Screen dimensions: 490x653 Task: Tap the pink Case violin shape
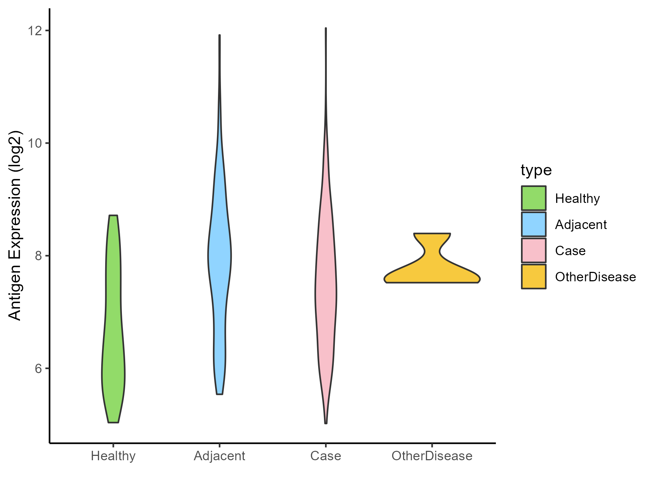tap(326, 290)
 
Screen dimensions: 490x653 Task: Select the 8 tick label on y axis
tap(37, 256)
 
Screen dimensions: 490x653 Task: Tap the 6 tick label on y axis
tap(37, 368)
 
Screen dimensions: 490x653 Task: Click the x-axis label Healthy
tap(113, 456)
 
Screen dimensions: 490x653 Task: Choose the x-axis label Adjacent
tap(219, 456)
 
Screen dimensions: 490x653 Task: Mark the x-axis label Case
tap(326, 456)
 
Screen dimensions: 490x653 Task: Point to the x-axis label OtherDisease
tap(432, 456)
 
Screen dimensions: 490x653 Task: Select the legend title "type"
tap(536, 170)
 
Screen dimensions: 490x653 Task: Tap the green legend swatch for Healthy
tap(534, 198)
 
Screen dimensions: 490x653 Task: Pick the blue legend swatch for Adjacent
tap(534, 224)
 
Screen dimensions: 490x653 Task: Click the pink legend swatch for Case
tap(534, 250)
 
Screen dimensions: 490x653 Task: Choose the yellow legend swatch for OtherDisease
tap(534, 277)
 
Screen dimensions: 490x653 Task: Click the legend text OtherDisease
tap(595, 277)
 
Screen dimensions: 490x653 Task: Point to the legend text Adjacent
tap(581, 225)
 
